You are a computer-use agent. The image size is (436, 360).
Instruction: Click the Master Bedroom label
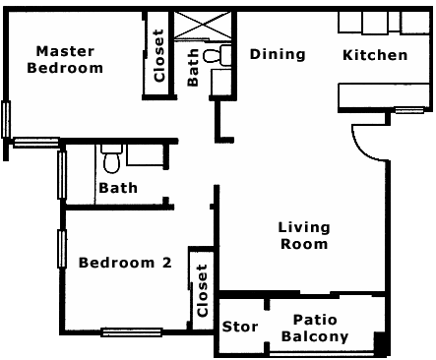pos(65,60)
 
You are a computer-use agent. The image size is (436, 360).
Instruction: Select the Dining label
pos(277,54)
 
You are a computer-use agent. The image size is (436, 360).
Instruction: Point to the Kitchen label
pos(374,55)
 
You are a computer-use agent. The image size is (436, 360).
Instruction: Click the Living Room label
pos(303,236)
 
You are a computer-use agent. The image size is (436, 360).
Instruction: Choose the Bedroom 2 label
pos(125,263)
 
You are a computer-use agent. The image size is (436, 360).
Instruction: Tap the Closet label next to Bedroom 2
pos(202,290)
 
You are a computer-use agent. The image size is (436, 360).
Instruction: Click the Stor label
pos(239,327)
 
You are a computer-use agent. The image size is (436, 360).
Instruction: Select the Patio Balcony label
pos(315,329)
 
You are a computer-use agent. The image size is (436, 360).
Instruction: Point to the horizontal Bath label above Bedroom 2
pos(117,187)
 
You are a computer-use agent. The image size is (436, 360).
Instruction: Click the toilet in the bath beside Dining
pos(225,56)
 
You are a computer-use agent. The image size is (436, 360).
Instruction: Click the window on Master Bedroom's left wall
pos(7,120)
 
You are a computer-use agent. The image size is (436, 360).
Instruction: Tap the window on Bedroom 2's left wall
pos(63,248)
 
